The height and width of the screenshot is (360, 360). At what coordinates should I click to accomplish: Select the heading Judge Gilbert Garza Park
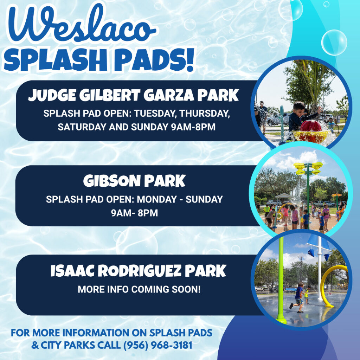(133, 95)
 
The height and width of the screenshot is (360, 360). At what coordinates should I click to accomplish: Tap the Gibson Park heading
(134, 181)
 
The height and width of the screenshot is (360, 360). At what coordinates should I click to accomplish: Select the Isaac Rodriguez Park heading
(138, 271)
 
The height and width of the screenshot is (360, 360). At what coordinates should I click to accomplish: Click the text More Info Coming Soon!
(139, 289)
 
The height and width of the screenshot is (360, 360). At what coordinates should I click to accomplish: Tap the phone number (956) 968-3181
(158, 345)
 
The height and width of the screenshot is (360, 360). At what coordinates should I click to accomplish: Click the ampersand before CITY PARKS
(35, 345)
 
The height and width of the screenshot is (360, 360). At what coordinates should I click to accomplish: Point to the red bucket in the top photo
(311, 126)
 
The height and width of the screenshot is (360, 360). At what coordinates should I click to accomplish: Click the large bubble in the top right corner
(334, 43)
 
